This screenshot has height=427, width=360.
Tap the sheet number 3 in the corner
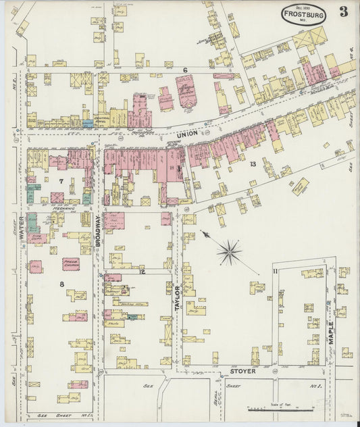[344, 11]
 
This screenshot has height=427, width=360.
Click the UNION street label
[188, 134]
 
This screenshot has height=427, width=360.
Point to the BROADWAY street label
[99, 230]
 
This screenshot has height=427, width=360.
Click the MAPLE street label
[331, 331]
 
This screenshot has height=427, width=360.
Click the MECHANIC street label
[63, 209]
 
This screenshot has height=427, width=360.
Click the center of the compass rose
[230, 252]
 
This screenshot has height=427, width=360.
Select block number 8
[61, 284]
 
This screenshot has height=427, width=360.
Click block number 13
[253, 164]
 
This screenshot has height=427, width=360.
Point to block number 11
[275, 271]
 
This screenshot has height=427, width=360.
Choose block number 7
[61, 181]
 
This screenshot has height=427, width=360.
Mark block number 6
[184, 70]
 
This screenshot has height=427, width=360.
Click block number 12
[143, 271]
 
